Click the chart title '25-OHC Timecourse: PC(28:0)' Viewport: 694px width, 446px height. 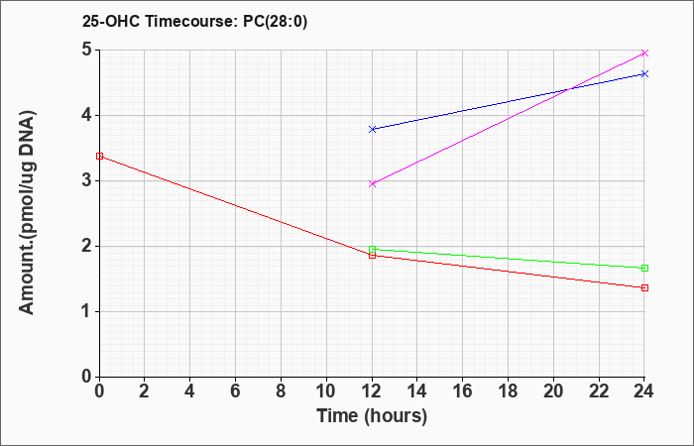(x=194, y=21)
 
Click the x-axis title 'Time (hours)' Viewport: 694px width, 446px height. (x=372, y=416)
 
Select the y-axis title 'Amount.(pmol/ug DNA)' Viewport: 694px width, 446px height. (x=28, y=213)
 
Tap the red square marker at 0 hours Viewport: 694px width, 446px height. (x=99, y=157)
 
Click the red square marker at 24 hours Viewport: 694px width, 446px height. (x=644, y=288)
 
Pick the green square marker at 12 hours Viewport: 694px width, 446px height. (x=372, y=249)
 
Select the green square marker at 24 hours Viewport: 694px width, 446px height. (x=644, y=269)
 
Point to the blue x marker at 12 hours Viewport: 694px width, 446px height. (x=372, y=129)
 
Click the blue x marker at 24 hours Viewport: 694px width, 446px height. (x=644, y=74)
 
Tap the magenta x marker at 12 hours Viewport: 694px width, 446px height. (x=372, y=183)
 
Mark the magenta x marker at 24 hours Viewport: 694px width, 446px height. (x=644, y=54)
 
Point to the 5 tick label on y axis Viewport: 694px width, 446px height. (x=86, y=50)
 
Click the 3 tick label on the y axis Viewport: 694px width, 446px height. (x=86, y=181)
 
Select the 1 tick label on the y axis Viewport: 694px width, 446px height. (x=86, y=311)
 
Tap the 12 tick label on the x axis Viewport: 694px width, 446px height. (x=372, y=391)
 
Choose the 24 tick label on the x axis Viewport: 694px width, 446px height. (x=644, y=391)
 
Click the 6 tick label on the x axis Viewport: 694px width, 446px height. (x=236, y=391)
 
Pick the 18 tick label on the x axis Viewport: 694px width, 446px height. (x=508, y=391)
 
